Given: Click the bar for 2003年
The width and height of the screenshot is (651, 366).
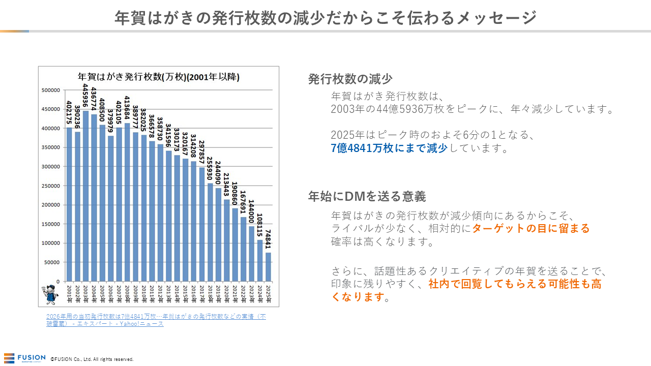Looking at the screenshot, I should click(85, 196).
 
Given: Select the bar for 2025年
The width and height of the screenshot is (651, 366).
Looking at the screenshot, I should click(268, 267).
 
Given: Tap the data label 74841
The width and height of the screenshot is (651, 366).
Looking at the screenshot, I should click(268, 239).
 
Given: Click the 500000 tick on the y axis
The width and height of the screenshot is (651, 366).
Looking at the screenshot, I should click(51, 90).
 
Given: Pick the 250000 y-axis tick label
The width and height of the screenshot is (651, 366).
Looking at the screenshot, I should click(51, 186).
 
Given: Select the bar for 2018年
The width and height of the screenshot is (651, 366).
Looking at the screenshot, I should click(210, 232).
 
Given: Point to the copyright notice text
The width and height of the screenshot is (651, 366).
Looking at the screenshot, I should click(92, 359).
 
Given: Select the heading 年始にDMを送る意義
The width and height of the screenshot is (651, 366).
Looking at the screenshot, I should click(367, 196).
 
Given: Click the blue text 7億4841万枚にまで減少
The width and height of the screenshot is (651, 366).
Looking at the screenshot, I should click(389, 148).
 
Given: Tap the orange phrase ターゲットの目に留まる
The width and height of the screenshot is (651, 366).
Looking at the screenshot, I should click(530, 228).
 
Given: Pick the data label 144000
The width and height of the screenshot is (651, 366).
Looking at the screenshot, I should click(251, 212).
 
